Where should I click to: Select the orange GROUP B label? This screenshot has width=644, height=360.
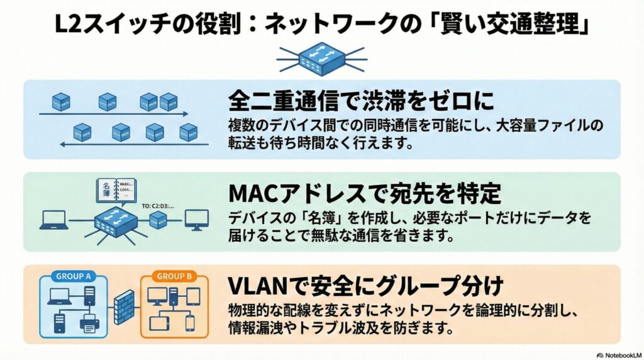175,276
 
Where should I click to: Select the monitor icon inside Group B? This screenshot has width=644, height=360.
157,295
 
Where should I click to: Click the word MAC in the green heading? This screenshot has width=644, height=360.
252,193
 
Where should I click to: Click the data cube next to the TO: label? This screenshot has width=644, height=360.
158,219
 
